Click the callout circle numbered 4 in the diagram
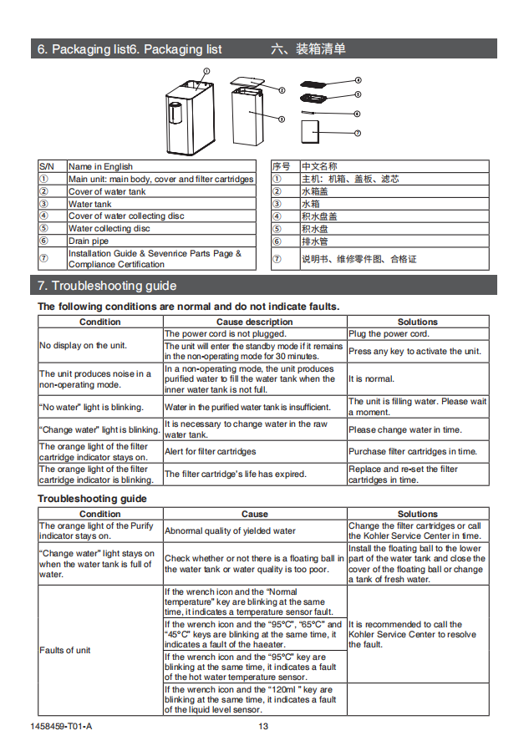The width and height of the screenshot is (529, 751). click(x=358, y=80)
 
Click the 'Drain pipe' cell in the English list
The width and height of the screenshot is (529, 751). click(x=89, y=241)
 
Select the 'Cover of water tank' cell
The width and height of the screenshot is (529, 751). click(x=107, y=191)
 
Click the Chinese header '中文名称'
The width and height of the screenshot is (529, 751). click(x=319, y=166)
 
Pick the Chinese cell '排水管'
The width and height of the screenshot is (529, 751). click(x=315, y=241)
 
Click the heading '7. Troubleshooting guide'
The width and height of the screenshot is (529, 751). click(x=107, y=286)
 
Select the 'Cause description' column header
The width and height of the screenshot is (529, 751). click(x=254, y=322)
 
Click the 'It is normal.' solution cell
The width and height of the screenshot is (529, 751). click(x=371, y=378)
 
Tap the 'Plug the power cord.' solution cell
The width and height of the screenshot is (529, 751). click(x=389, y=333)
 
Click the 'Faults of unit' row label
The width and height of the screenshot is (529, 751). click(x=65, y=650)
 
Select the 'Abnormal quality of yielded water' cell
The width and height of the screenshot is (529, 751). click(x=230, y=530)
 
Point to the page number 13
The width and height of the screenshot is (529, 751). click(x=263, y=726)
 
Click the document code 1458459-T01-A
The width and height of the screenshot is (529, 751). click(x=64, y=726)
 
